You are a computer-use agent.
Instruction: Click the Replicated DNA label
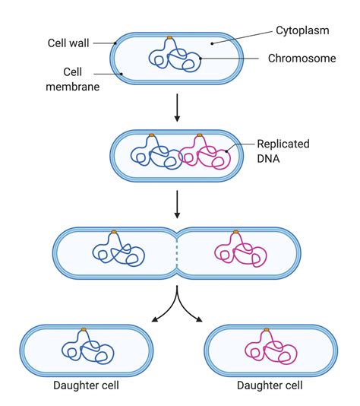click(283, 151)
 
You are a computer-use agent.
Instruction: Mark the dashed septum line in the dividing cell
click(177, 252)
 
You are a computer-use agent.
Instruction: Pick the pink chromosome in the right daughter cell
click(270, 349)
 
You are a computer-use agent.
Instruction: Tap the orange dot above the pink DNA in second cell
click(200, 136)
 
